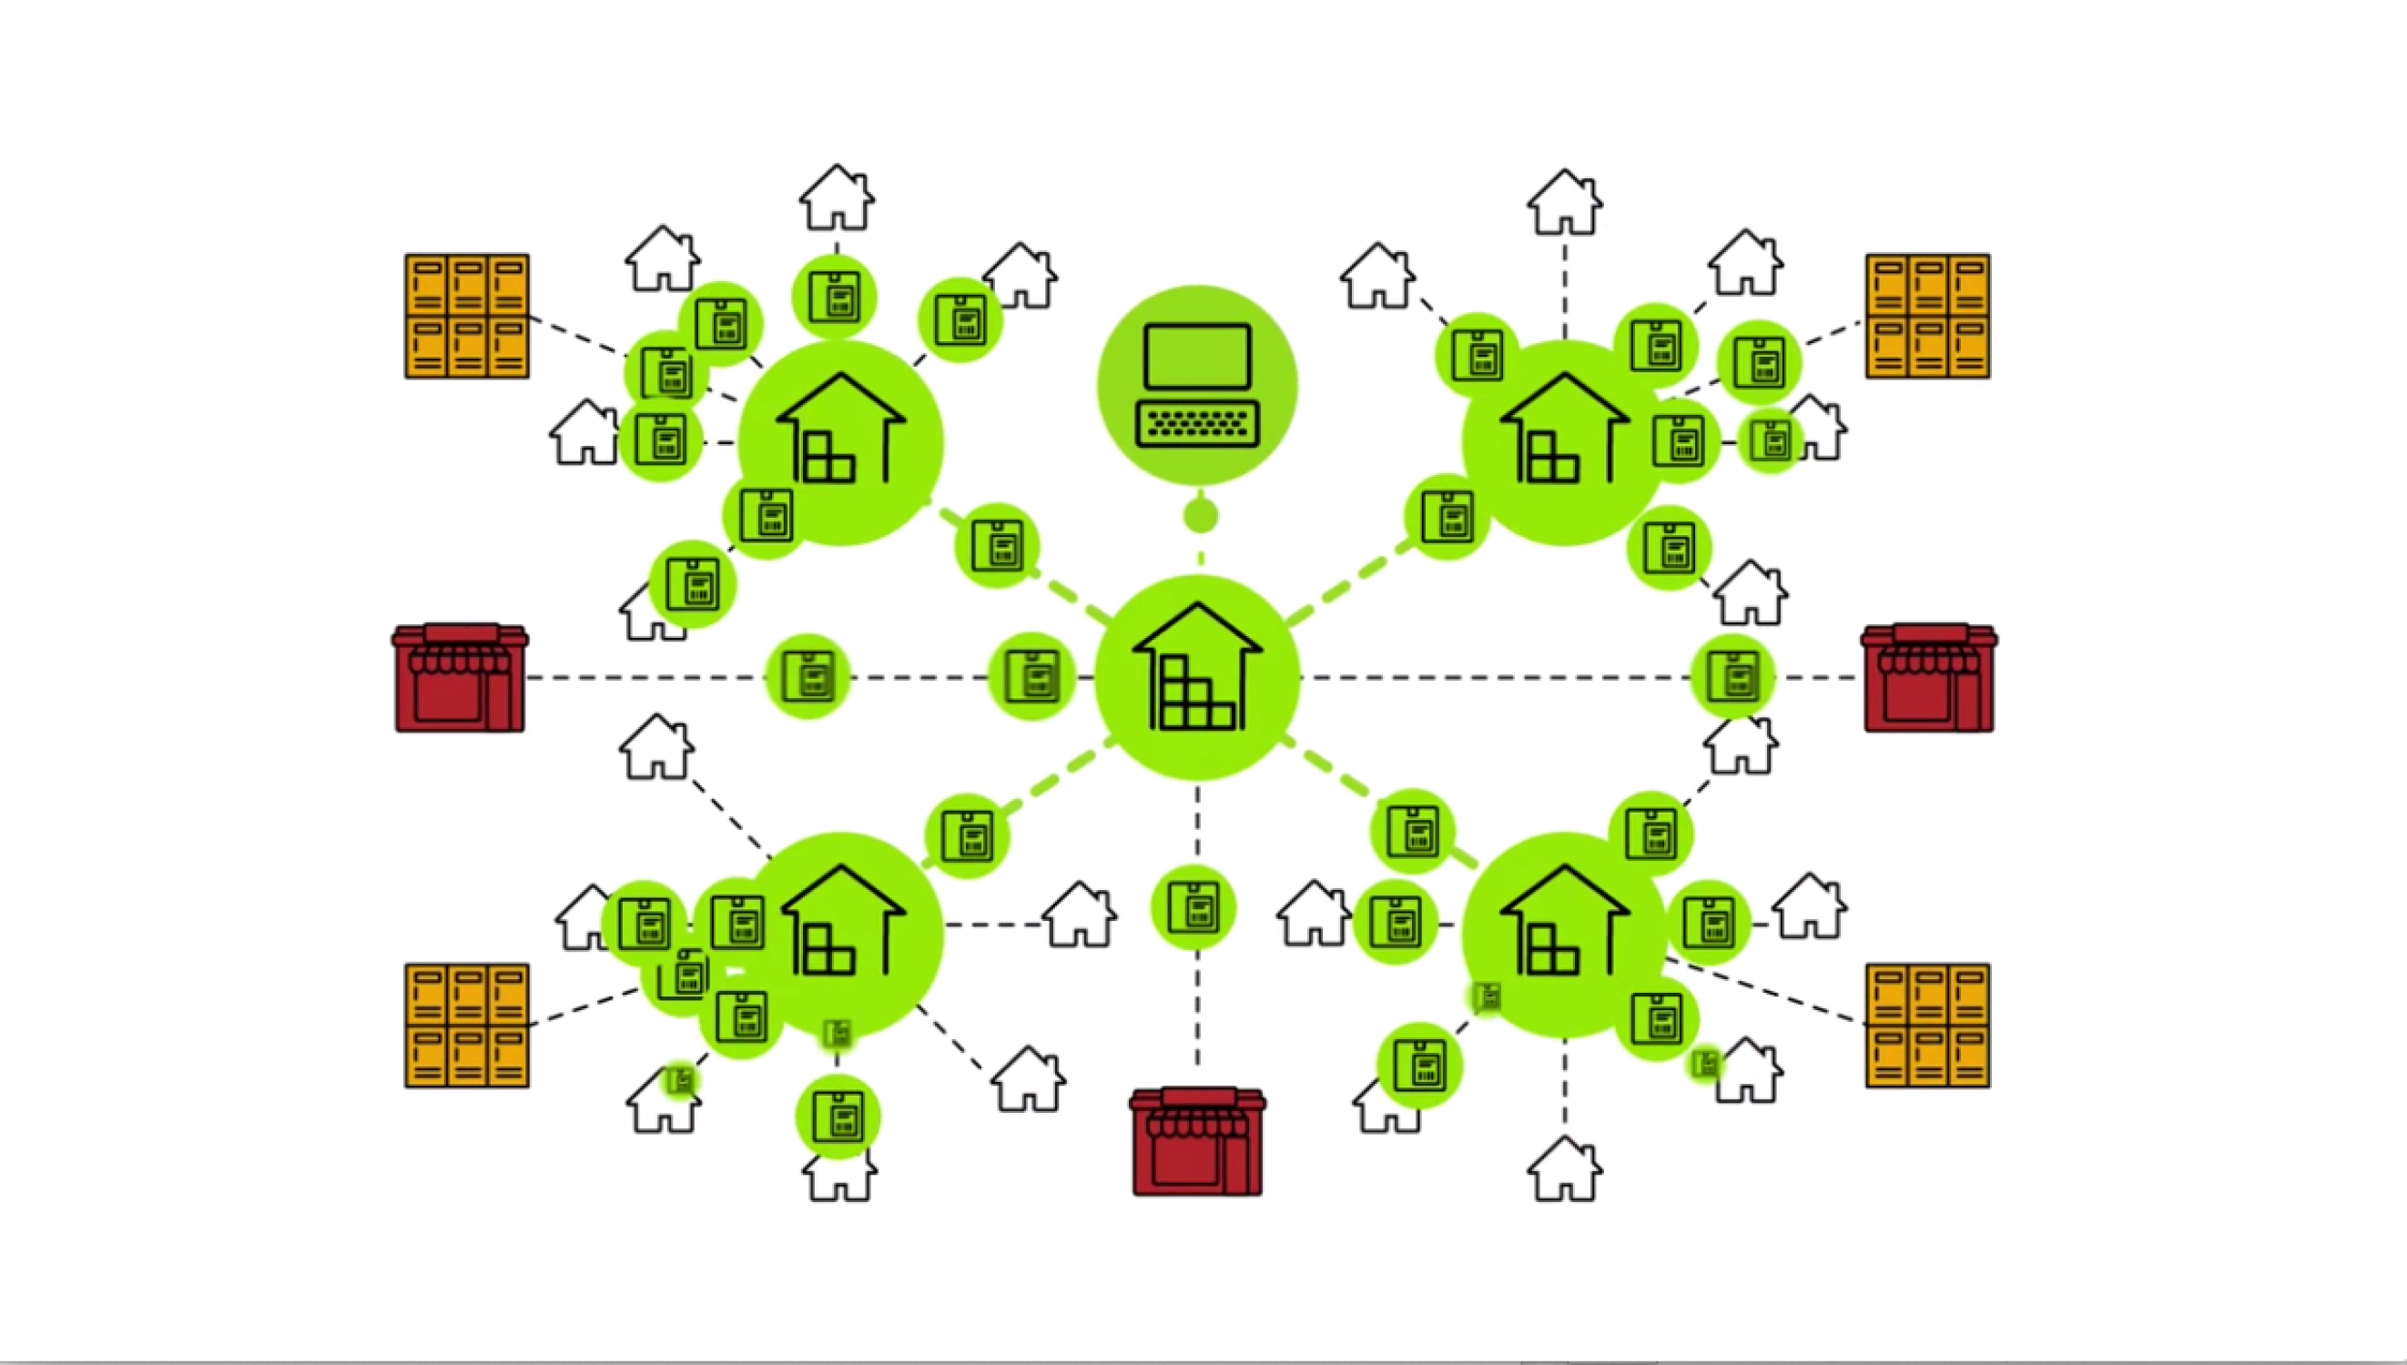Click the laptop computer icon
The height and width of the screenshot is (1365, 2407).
1197,384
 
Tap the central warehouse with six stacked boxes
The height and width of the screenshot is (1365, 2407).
1197,677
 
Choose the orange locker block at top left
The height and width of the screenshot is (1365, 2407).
467,316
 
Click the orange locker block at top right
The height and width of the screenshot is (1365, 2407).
1928,316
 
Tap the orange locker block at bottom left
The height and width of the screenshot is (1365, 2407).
467,1026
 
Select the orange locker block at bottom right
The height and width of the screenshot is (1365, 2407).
1928,1026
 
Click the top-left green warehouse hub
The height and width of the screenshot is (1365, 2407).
841,442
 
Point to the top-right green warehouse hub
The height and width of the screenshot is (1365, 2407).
1564,442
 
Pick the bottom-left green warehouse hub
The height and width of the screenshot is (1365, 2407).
841,935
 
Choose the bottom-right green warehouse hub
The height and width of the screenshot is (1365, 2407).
1564,935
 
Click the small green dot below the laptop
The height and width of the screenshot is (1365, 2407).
1200,516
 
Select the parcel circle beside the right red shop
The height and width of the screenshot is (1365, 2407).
1732,677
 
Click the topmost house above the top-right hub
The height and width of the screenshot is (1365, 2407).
1564,203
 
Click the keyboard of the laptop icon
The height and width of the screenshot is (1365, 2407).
1197,424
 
